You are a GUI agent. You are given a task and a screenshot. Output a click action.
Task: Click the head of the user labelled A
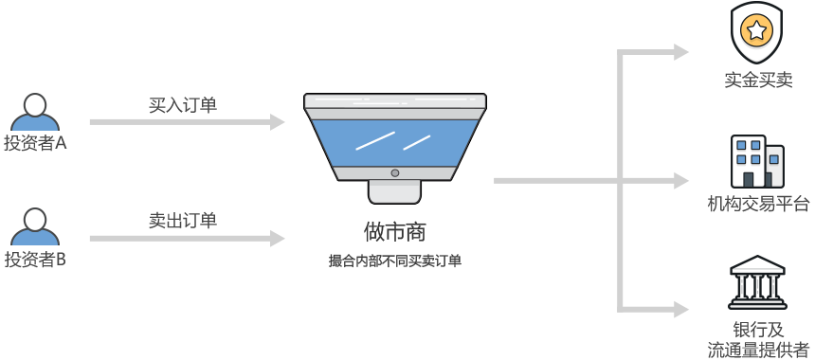35,104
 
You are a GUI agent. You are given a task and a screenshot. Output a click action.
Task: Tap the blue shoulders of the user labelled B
35,237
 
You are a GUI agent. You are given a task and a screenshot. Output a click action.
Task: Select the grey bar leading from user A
187,121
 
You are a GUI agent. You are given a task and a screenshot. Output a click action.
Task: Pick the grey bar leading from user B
187,238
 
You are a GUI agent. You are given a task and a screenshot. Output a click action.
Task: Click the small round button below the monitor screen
395,173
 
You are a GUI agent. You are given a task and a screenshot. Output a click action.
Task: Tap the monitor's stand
394,190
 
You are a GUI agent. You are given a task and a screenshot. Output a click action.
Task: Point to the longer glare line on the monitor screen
375,141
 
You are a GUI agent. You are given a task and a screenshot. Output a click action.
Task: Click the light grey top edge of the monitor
394,100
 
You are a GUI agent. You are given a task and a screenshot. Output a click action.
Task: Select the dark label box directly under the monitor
394,232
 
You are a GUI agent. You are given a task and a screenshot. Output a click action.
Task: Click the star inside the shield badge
756,30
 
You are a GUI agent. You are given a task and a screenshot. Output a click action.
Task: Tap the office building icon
756,160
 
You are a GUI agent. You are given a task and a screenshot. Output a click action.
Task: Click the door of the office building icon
749,179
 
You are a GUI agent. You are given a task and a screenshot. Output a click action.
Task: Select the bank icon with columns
757,281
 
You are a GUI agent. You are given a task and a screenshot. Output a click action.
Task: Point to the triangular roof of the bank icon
757,263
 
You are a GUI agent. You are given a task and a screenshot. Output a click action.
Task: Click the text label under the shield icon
757,81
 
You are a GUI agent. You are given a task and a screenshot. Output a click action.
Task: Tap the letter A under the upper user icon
62,143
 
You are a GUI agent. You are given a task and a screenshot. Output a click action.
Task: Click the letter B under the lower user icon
61,260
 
